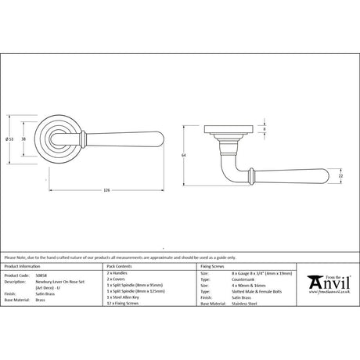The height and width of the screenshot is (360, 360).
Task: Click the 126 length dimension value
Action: (x=106, y=189)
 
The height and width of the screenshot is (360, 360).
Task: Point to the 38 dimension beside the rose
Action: (x=23, y=139)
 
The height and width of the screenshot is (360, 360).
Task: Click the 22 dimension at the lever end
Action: (x=340, y=176)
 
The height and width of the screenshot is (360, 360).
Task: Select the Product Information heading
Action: (x=23, y=266)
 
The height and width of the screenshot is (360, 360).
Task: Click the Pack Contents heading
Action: (x=122, y=266)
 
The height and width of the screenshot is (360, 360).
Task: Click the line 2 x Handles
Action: (x=118, y=273)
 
